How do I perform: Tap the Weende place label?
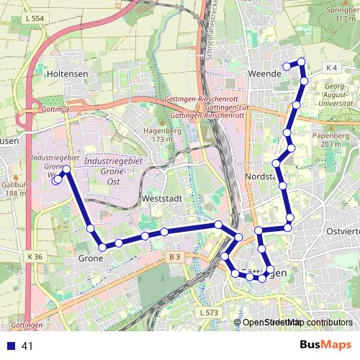point(264,73)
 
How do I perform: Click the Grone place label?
point(90,257)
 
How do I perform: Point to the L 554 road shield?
point(33,17)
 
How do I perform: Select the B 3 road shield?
point(174,256)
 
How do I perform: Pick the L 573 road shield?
point(206,312)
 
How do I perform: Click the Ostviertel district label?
point(342,231)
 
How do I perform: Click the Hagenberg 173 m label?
point(162,135)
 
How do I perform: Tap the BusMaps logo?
point(325,346)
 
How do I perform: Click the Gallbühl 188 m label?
point(14,189)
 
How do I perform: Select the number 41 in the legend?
point(27,346)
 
